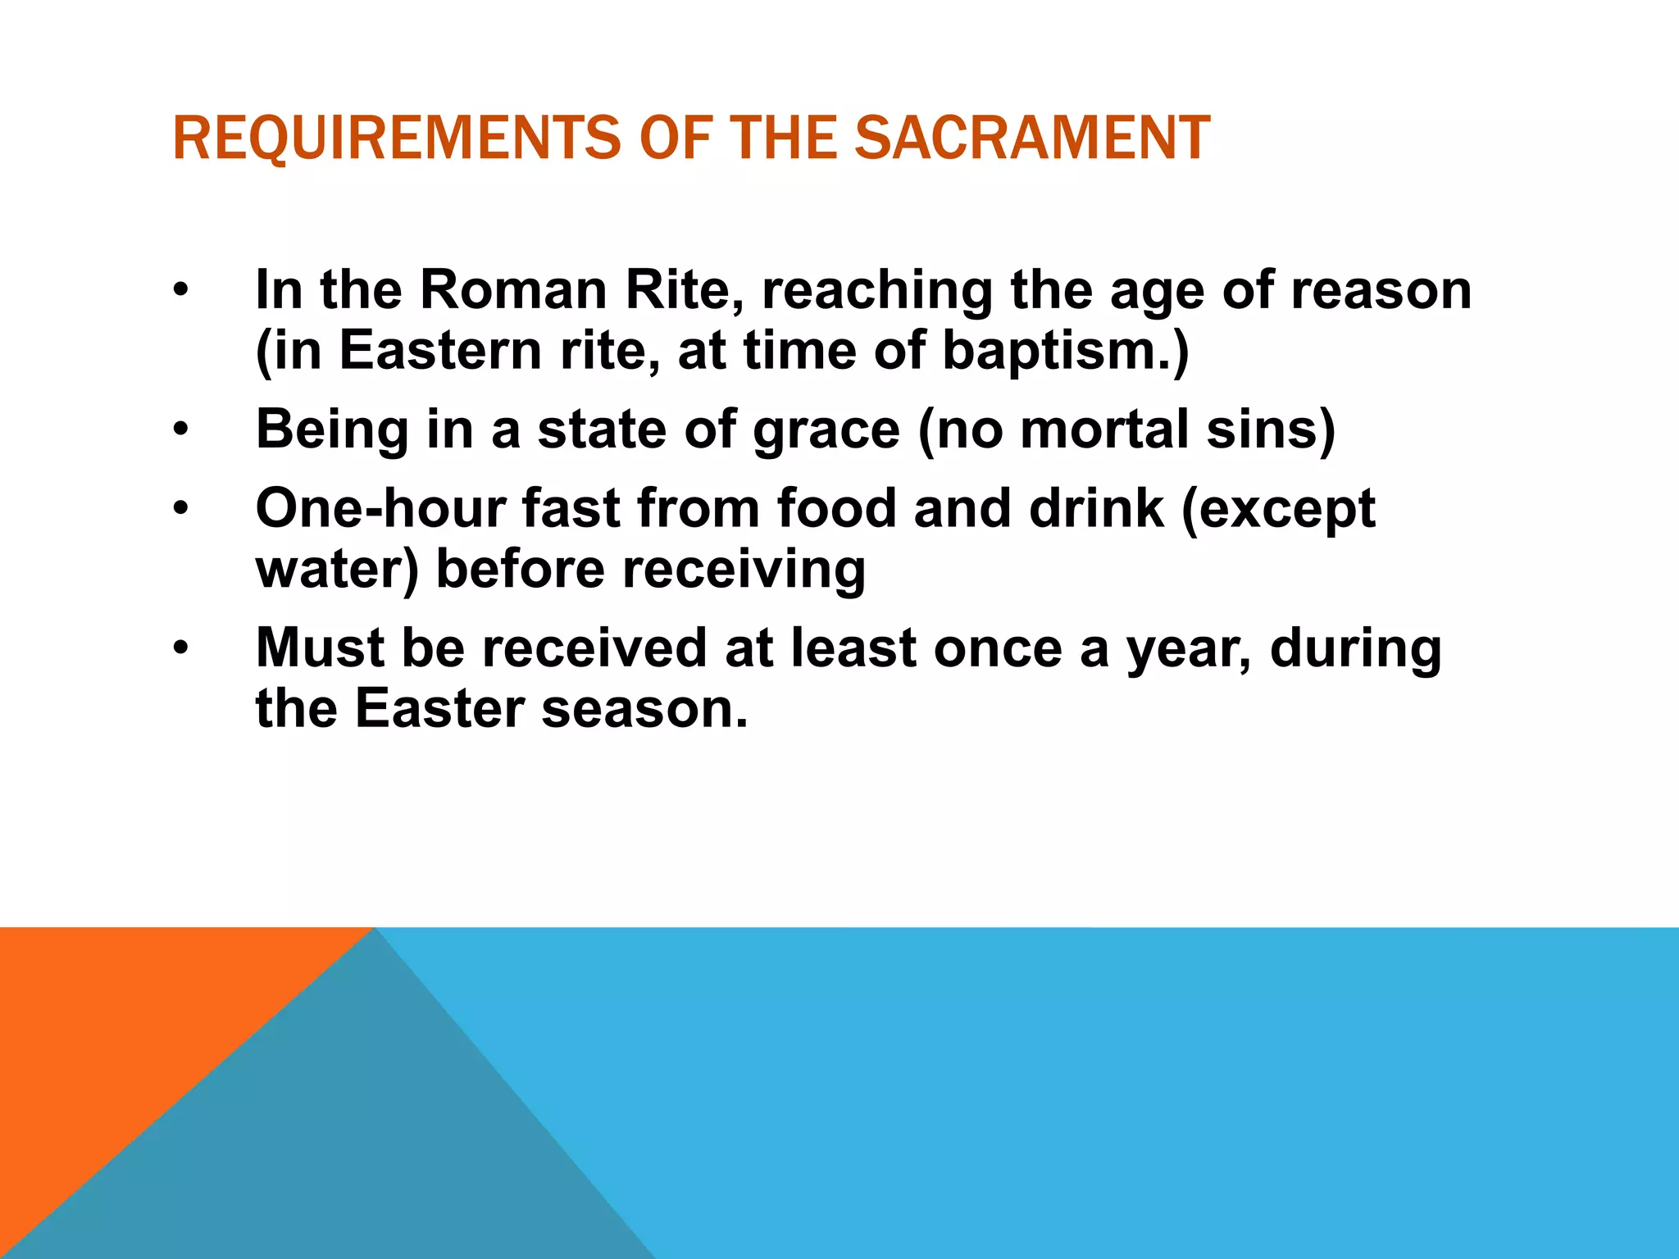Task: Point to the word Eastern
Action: click(x=441, y=351)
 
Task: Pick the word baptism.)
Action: click(x=1065, y=351)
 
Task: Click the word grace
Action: click(x=826, y=430)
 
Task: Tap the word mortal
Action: click(x=1103, y=430)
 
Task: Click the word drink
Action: click(x=1096, y=508)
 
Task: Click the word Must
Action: click(x=320, y=648)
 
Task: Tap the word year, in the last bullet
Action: click(x=1189, y=648)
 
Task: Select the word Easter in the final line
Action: click(x=439, y=708)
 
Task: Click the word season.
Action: click(x=644, y=708)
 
